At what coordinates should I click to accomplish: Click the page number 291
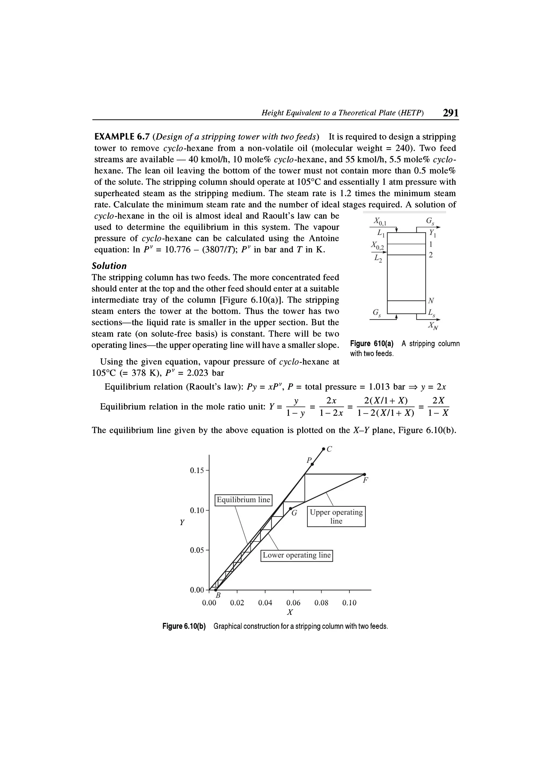pyautogui.click(x=450, y=113)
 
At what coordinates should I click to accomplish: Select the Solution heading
pyautogui.click(x=109, y=266)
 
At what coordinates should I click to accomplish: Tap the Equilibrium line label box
pyautogui.click(x=243, y=500)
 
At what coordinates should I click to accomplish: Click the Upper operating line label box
pyautogui.click(x=336, y=516)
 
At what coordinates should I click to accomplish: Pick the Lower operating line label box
pyautogui.click(x=296, y=555)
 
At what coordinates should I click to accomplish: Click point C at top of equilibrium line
pyautogui.click(x=323, y=449)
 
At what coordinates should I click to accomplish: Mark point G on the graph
pyautogui.click(x=290, y=509)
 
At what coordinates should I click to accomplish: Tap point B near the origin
pyautogui.click(x=216, y=590)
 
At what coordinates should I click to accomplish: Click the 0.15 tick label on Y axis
pyautogui.click(x=197, y=471)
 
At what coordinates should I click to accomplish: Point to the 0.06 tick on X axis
pyautogui.click(x=293, y=603)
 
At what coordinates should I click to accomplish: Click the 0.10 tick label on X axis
pyautogui.click(x=349, y=603)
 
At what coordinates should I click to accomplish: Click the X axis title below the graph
pyautogui.click(x=290, y=612)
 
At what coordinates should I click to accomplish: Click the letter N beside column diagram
pyautogui.click(x=431, y=300)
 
